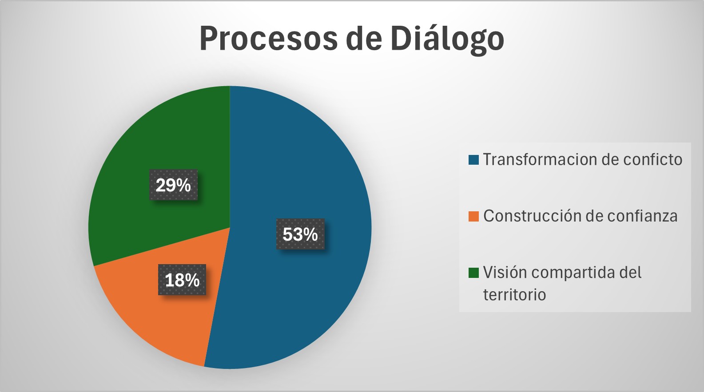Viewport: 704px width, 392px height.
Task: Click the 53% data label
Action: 300,234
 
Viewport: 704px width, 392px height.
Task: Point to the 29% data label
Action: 174,185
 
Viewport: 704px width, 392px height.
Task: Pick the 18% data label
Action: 182,280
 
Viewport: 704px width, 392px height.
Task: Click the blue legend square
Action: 473,159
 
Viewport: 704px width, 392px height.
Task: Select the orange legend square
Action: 473,216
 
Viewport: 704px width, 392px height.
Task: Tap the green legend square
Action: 473,273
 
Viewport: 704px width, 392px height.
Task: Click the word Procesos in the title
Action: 269,38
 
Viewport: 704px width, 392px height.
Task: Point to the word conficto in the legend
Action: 653,159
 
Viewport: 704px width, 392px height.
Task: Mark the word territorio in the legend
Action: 514,295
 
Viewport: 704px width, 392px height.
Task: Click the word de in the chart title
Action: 364,38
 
